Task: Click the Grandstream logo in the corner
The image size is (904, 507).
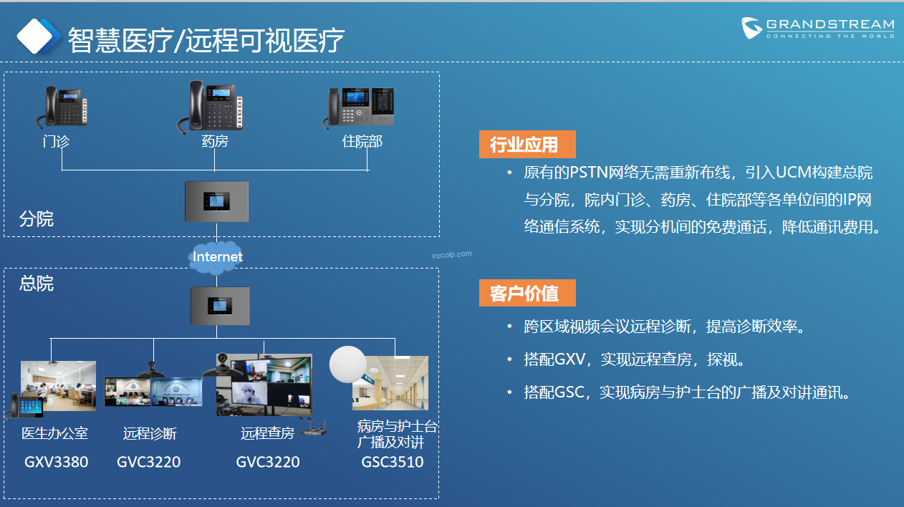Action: (x=817, y=28)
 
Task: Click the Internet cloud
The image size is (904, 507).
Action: (x=216, y=257)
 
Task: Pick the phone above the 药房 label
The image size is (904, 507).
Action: (x=210, y=107)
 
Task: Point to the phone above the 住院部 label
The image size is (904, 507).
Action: (x=358, y=107)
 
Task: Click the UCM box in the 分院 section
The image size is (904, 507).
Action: (x=217, y=201)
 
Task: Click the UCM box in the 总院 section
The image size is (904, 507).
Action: (x=220, y=306)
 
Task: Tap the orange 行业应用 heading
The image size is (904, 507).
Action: (x=527, y=144)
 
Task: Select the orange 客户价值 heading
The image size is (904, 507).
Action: (x=527, y=293)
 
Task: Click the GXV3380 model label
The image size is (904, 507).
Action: (x=56, y=462)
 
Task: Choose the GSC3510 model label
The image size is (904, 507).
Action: (x=393, y=462)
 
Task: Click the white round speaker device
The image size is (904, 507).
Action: (x=347, y=364)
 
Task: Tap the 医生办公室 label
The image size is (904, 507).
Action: (x=54, y=433)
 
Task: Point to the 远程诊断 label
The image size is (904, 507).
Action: (x=150, y=433)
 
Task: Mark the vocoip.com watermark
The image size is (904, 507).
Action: (x=451, y=254)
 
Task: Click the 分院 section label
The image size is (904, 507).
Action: (x=37, y=219)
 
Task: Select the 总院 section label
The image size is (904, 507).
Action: (x=37, y=284)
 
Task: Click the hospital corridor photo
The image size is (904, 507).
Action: (x=390, y=383)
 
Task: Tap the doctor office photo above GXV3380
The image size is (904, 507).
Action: (x=59, y=386)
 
